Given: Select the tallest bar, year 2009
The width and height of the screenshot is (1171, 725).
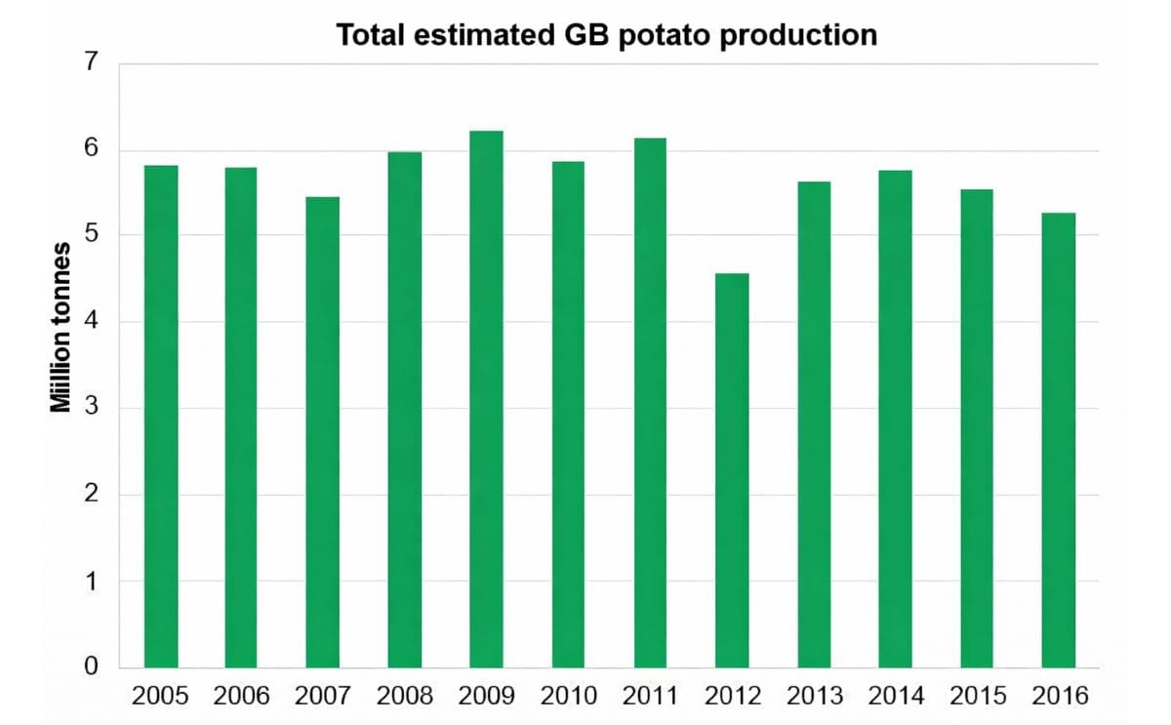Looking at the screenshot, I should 486,399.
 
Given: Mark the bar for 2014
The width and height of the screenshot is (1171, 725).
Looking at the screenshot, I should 895,420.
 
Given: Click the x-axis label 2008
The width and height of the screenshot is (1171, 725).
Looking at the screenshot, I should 404,696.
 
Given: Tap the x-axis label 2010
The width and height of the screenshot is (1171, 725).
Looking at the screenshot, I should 568,696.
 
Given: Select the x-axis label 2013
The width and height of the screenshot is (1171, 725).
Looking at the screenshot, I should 814,696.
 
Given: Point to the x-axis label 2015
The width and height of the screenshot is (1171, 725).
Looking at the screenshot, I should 977,696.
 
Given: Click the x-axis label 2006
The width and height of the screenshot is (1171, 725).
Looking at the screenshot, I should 241,696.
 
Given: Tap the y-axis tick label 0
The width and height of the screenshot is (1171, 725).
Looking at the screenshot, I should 92,667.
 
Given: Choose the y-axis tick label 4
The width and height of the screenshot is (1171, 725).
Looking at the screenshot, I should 92,322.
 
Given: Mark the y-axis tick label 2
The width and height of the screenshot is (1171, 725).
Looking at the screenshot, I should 92,495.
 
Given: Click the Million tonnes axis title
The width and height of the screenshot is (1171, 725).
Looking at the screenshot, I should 61,328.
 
